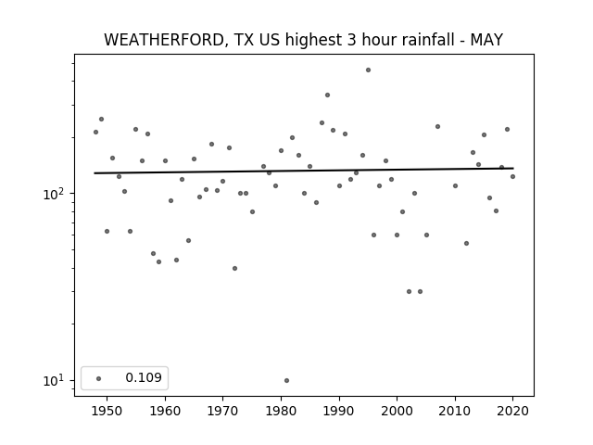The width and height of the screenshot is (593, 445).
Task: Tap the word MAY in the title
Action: click(x=486, y=40)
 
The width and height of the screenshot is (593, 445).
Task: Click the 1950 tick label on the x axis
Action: click(x=107, y=411)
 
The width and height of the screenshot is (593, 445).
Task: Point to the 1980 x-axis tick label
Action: click(x=281, y=411)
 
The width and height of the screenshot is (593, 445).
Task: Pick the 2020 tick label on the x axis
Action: click(x=512, y=411)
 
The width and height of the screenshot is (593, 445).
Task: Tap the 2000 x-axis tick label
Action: click(x=397, y=411)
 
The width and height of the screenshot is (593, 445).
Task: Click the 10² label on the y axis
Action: click(x=54, y=194)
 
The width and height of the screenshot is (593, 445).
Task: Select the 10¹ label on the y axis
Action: click(x=54, y=381)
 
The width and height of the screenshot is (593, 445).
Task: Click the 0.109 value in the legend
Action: click(x=144, y=377)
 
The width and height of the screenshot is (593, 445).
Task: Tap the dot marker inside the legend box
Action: click(x=99, y=378)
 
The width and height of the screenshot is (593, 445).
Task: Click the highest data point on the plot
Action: click(x=369, y=70)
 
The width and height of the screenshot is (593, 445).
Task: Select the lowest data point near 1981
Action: click(x=286, y=380)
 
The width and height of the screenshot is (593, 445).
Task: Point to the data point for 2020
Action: click(x=512, y=177)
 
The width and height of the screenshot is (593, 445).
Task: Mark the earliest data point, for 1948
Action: click(x=95, y=132)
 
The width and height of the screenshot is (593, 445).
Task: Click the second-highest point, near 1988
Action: click(x=327, y=95)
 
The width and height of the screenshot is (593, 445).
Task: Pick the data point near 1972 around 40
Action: click(x=234, y=268)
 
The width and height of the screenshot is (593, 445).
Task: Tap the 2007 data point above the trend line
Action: click(x=437, y=126)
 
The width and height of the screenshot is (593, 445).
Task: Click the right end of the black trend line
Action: click(x=513, y=168)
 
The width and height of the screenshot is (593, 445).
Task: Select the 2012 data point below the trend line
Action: click(x=466, y=243)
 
